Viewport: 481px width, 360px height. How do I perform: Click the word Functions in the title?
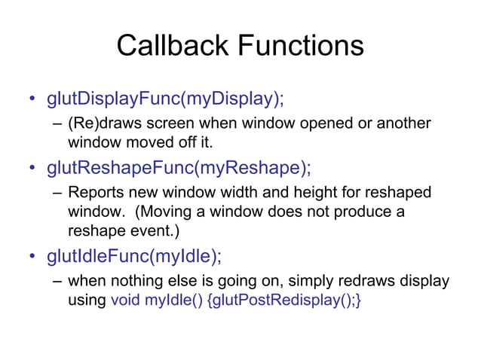coord(302,46)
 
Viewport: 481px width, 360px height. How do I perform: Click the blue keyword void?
coord(125,301)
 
